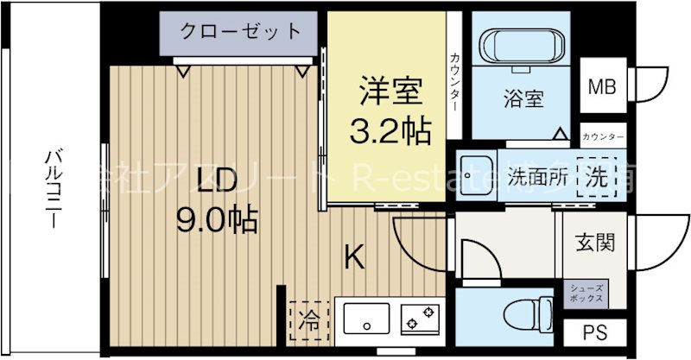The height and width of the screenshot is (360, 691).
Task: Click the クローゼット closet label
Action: coord(241,32)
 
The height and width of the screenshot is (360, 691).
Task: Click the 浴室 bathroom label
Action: coord(523,98)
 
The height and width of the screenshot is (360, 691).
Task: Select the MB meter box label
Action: coord(601,86)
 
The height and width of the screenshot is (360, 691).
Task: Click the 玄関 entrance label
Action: coord(595,243)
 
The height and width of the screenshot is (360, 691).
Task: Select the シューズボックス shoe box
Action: coord(586,292)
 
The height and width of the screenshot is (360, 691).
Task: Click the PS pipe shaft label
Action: coord(593,332)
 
